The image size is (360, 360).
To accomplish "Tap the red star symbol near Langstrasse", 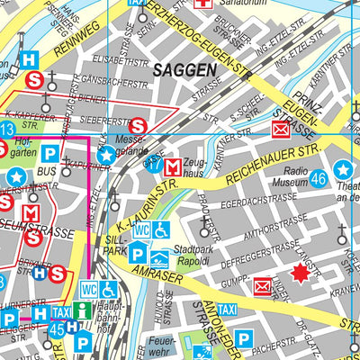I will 298,273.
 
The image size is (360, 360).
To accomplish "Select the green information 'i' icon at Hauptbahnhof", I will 83,310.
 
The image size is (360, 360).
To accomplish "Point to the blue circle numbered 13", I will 5,130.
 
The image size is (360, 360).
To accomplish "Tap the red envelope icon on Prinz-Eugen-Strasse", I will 281,129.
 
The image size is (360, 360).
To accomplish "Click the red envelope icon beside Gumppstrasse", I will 263,287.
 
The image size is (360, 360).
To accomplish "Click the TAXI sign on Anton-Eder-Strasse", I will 228,310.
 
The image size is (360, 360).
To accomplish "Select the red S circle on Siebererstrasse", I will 138,126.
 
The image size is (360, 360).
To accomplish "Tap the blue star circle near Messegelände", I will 106,156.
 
